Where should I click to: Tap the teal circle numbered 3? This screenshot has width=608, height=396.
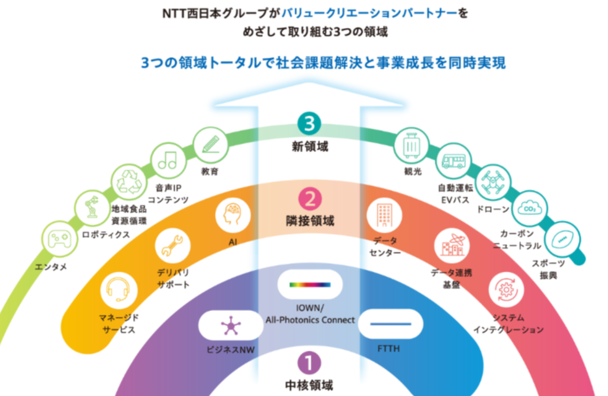pyautogui.click(x=309, y=124)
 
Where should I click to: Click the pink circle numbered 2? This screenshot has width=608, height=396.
pyautogui.click(x=309, y=200)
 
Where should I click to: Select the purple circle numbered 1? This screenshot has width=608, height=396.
pyautogui.click(x=309, y=363)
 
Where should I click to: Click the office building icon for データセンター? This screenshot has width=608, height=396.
pyautogui.click(x=384, y=214)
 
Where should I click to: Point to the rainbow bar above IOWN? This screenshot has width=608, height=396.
pyautogui.click(x=310, y=284)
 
